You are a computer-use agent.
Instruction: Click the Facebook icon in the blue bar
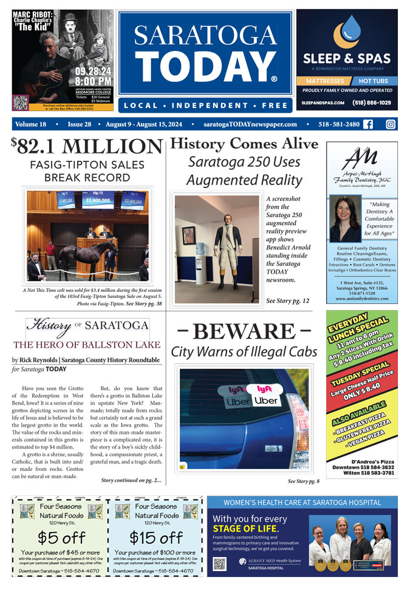368,124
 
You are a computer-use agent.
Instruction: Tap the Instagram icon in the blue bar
391,124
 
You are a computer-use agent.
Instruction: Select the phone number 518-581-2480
335,124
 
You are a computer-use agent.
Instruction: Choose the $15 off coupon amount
156,538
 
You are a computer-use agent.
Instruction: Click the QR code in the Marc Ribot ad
21,103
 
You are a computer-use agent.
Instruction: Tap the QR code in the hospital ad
220,563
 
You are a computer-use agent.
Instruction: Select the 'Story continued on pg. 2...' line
131,481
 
